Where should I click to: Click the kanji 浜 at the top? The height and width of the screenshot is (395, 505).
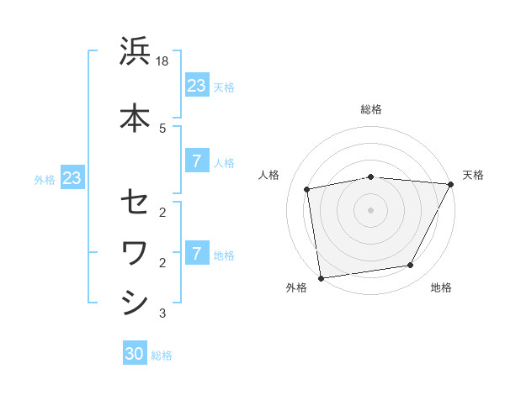135,53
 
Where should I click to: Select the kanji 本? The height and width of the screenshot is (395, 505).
135,118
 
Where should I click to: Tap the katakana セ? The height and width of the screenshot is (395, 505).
135,203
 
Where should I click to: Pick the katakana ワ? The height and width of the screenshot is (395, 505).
135,252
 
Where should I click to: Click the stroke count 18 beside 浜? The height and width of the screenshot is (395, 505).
163,61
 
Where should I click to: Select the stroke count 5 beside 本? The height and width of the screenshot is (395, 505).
162,128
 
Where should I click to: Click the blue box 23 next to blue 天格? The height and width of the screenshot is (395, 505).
196,86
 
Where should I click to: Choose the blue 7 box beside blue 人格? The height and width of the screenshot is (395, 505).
196,161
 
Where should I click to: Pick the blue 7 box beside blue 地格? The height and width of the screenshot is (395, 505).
196,254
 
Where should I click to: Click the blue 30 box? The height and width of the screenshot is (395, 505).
135,354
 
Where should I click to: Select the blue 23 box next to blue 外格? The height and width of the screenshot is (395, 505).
72,178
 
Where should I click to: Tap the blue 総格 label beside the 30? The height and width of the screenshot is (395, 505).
162,355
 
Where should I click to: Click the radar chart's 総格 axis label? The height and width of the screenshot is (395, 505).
371,109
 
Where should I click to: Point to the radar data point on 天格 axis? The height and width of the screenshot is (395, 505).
451,184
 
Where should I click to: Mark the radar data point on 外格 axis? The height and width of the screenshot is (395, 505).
321,277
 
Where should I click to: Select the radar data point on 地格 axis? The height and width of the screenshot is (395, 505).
411,266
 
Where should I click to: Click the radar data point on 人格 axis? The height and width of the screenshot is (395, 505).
307,189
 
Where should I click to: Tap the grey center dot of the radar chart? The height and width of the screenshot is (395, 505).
371,209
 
